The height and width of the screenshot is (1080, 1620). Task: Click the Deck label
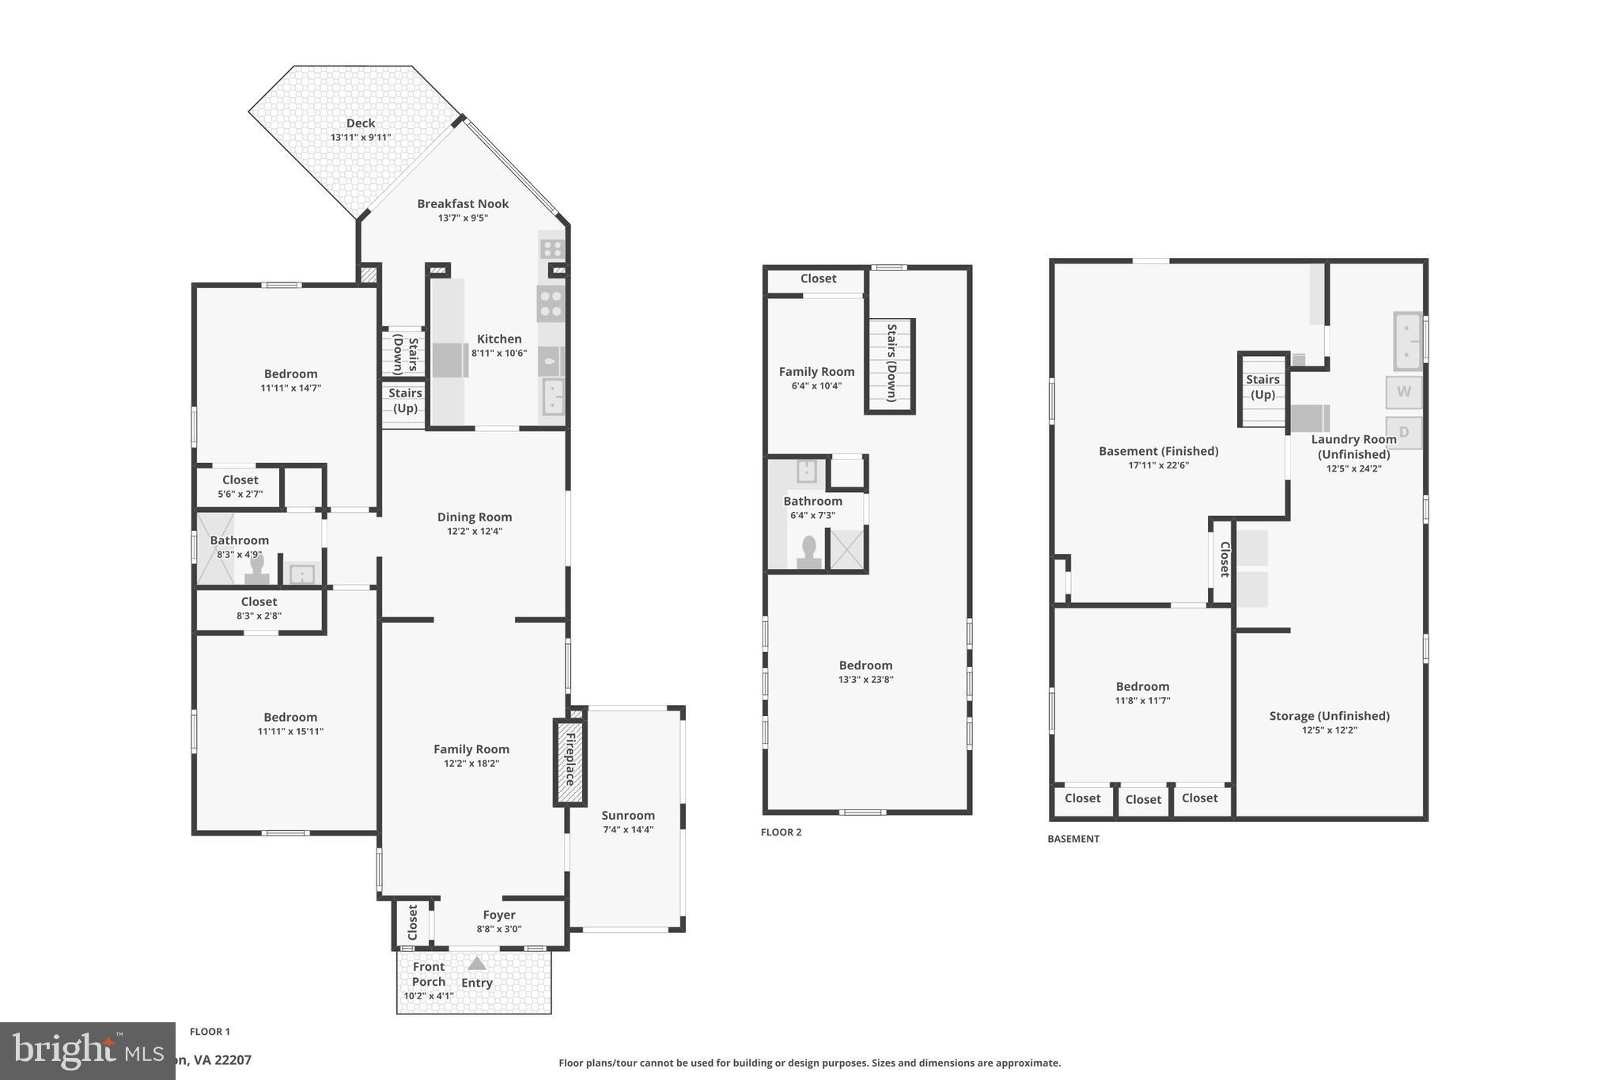(360, 123)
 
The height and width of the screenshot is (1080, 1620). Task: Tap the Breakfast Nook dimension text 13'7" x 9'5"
(463, 218)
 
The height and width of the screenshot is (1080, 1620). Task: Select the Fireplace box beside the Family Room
(569, 763)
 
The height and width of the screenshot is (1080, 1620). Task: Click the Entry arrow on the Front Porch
(476, 964)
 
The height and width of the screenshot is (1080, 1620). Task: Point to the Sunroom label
(628, 816)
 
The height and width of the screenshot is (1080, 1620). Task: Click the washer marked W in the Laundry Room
(1403, 392)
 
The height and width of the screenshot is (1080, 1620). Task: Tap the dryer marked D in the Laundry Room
(1403, 432)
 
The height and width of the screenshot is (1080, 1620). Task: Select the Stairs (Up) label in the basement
(1262, 387)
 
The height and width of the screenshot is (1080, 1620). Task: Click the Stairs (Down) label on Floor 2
(891, 363)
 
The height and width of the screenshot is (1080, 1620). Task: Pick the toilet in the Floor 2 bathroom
(809, 551)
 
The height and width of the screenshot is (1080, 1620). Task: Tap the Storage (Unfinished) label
(1329, 716)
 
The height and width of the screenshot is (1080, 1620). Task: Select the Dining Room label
(475, 517)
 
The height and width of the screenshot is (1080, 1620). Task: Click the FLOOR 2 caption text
(781, 832)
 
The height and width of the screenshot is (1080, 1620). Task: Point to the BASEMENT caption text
(1073, 839)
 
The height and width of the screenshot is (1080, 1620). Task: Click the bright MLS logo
(87, 1050)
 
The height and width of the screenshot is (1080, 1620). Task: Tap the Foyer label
(499, 915)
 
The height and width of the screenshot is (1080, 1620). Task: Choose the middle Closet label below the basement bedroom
(1143, 799)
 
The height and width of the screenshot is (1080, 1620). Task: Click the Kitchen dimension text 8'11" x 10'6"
(499, 354)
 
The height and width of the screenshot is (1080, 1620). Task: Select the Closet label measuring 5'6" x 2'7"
(240, 480)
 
